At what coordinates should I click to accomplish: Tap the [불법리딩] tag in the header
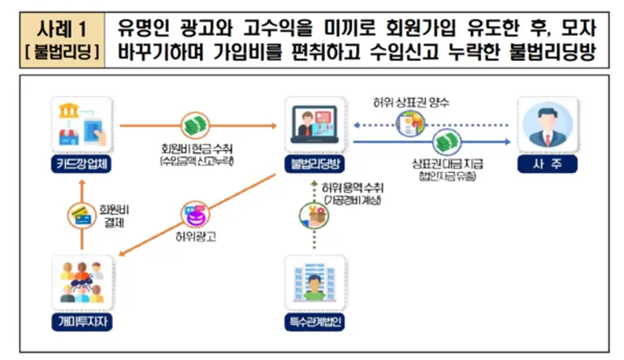click(62, 51)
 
